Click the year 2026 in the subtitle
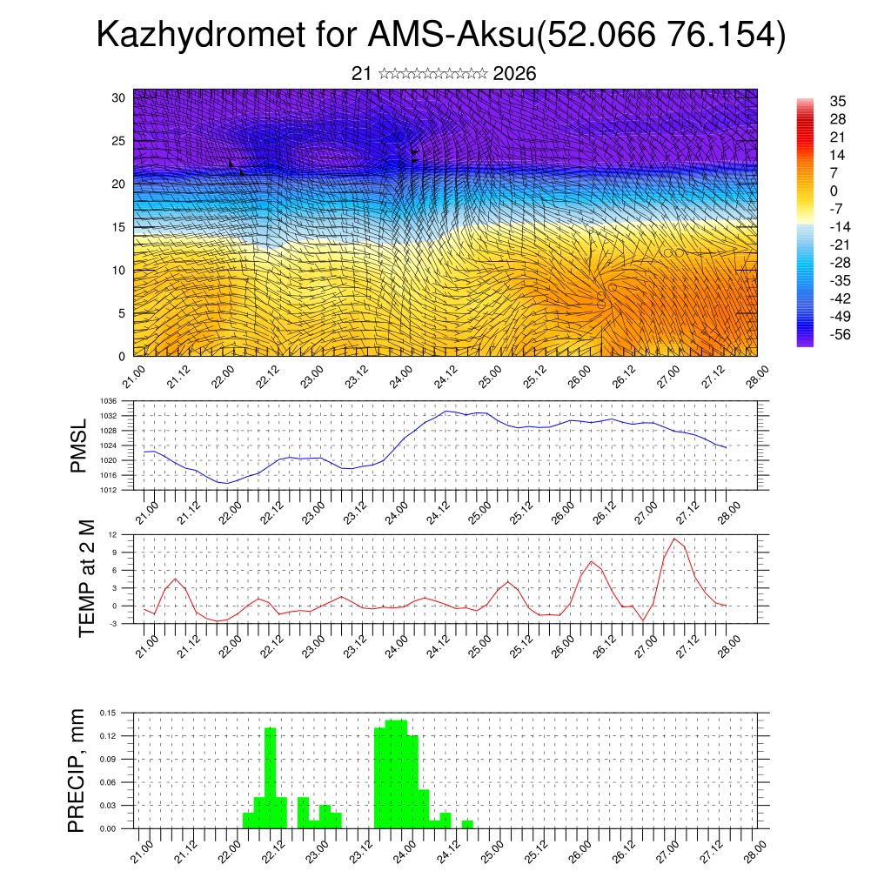coord(514,74)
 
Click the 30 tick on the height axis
coord(118,97)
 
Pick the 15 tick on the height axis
coord(118,227)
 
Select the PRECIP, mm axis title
coord(78,771)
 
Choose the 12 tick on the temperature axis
coord(113,534)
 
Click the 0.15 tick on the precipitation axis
coord(108,713)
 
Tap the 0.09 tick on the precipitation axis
coord(108,759)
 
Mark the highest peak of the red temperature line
coord(674,539)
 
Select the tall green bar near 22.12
coord(270,777)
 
